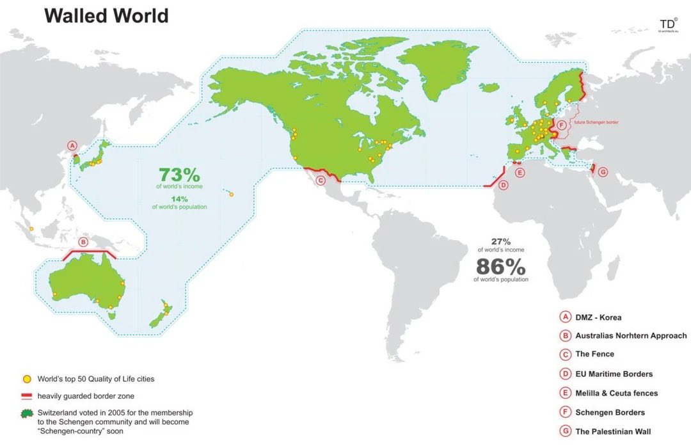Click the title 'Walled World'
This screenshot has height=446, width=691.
(106, 15)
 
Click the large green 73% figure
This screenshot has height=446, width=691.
(179, 175)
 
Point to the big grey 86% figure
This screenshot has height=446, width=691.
(501, 266)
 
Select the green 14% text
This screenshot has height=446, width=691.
(179, 199)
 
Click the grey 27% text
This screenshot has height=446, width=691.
(501, 242)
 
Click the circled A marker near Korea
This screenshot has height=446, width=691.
(72, 146)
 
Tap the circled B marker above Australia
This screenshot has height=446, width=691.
(83, 242)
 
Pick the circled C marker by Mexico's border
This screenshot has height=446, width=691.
(321, 180)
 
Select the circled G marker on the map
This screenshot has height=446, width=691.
(602, 172)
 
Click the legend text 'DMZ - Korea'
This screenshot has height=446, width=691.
(598, 317)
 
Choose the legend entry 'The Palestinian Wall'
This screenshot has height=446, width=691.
(613, 432)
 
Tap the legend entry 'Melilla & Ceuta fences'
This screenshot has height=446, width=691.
(616, 393)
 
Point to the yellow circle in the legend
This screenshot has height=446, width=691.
(26, 379)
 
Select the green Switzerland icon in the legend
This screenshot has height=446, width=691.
(26, 414)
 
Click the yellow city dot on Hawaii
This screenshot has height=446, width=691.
(232, 195)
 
